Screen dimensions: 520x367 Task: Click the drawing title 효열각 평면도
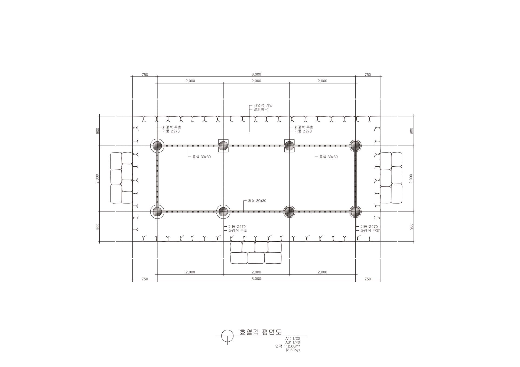[x=261, y=332]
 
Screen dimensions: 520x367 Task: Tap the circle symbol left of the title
[x=227, y=336]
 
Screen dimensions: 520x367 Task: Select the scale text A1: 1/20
[x=292, y=339]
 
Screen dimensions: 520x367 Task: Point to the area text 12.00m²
[x=293, y=346]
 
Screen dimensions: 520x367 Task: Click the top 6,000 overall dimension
[x=256, y=74]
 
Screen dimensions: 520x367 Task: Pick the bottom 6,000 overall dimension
[x=256, y=279]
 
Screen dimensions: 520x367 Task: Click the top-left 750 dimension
[x=145, y=75]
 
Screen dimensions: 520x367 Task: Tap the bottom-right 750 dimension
[x=368, y=279]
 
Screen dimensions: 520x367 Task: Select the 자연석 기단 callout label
[x=263, y=105]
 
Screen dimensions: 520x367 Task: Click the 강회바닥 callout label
[x=261, y=109]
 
